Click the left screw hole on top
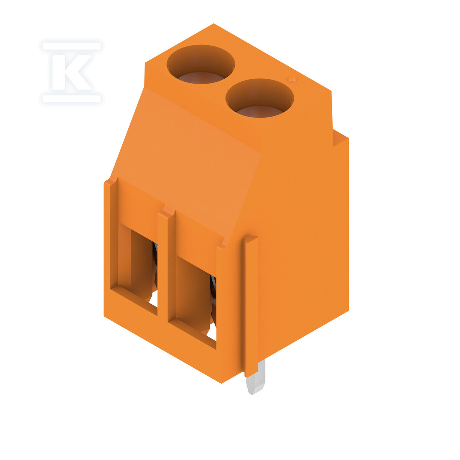[x=200, y=64]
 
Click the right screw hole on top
[x=260, y=98]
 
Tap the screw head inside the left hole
[x=201, y=78]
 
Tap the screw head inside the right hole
[x=260, y=112]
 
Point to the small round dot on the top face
[x=292, y=79]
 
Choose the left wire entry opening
[x=138, y=265]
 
